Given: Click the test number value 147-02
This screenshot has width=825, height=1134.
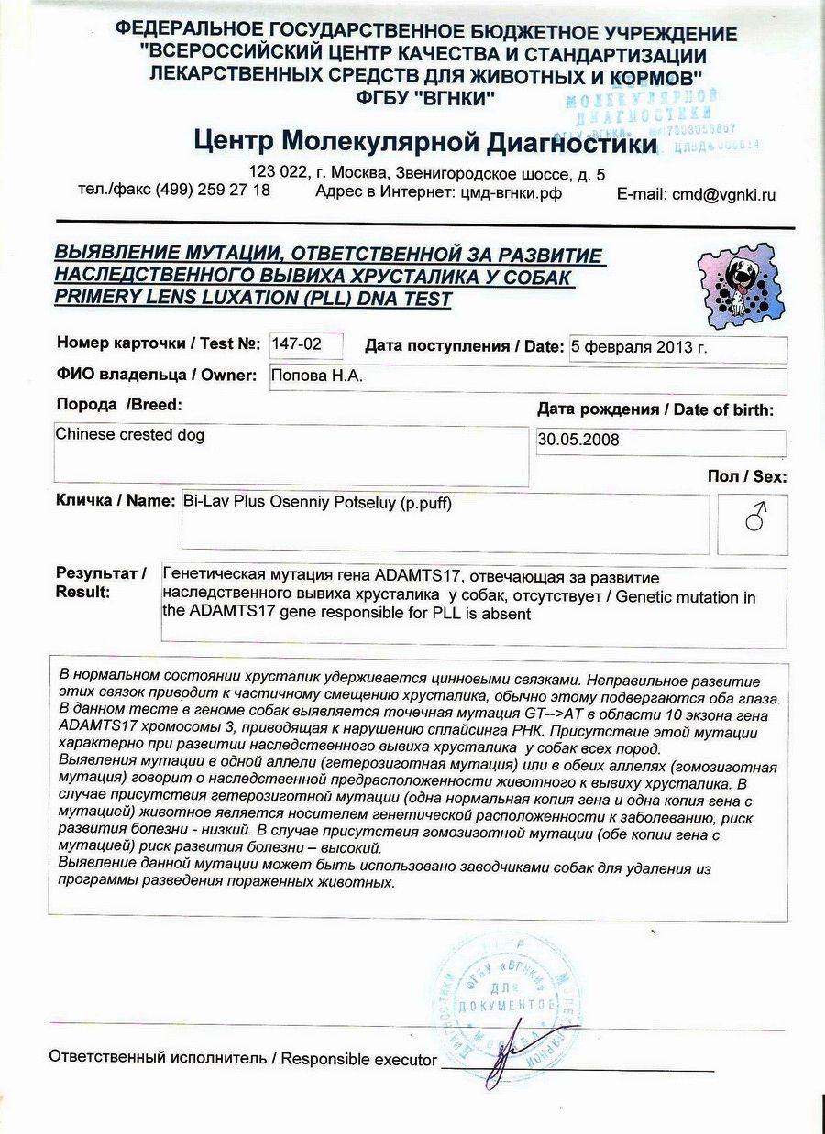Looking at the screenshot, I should point(292,344).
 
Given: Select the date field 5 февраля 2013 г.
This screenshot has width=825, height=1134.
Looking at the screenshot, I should point(638,347).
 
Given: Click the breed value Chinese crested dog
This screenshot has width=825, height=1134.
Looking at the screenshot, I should point(130,434).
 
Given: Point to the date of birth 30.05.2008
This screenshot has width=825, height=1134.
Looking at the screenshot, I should point(578,440).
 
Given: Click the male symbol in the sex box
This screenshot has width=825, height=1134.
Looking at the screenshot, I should point(753,520).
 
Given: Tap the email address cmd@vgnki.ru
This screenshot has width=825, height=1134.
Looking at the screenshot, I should point(722,194).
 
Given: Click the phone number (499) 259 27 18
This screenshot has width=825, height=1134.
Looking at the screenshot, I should point(213,190).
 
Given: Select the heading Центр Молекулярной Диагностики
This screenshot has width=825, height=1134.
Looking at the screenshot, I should point(425,142).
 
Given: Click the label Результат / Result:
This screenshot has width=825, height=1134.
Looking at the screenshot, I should point(101,583).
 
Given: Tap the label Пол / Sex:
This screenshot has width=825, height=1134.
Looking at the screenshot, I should point(746,476).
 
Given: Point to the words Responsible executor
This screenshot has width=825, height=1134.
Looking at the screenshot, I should point(358,1059).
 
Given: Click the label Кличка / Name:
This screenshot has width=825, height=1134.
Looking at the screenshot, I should point(115,501).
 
